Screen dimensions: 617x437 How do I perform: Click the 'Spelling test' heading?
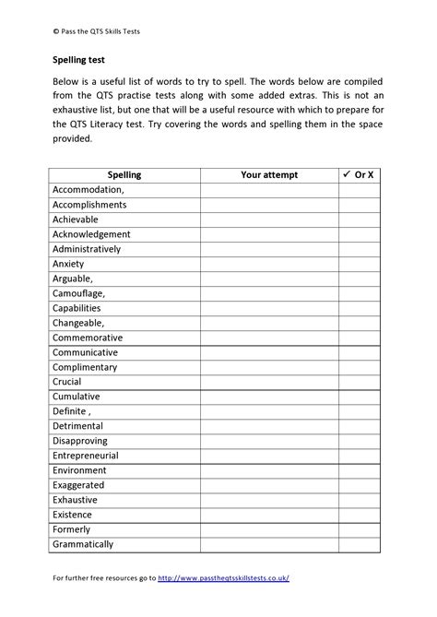[x=79, y=61]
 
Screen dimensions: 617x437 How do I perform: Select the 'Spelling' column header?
[x=124, y=174]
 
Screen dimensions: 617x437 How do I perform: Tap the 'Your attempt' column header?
[x=268, y=174]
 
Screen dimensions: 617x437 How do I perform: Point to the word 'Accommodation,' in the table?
[x=89, y=189]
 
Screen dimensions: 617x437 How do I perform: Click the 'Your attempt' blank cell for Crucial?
[x=268, y=382]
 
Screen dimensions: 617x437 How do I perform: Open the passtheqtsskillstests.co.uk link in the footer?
[x=224, y=578]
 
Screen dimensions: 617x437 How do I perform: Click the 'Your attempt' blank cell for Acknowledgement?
[x=268, y=234]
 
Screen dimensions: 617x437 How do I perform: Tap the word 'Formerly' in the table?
[x=72, y=529]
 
